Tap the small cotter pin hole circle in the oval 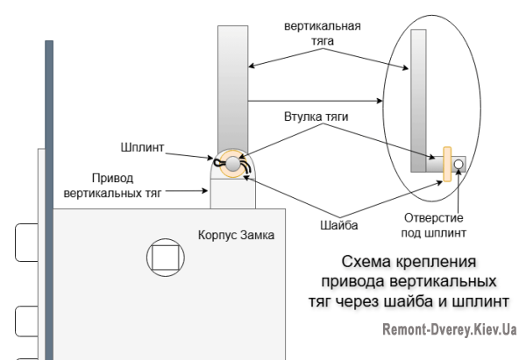[x=458, y=163]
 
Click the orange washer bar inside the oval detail [x=447, y=164]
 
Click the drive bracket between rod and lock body [x=231, y=193]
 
